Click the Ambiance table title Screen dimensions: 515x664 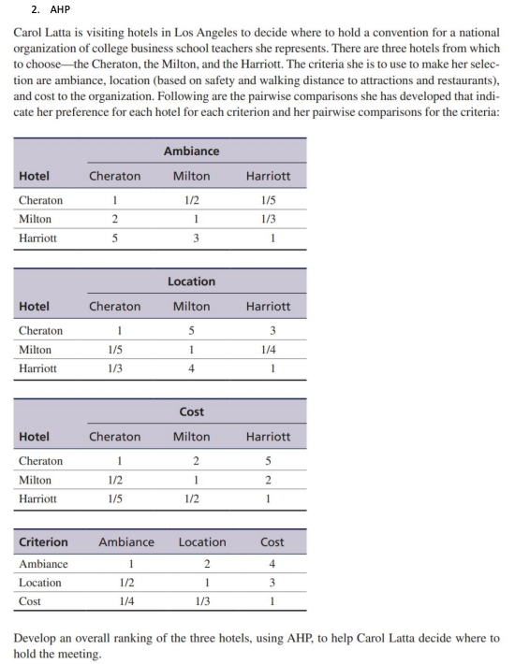191,151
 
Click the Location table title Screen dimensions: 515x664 191,281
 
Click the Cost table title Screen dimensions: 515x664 191,411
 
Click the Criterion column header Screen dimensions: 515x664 43,541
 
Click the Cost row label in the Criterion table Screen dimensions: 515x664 30,601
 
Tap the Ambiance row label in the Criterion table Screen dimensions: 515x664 43,564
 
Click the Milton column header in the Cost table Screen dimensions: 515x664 191,437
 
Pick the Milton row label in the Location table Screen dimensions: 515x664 35,349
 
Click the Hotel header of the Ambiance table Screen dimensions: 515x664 35,176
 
